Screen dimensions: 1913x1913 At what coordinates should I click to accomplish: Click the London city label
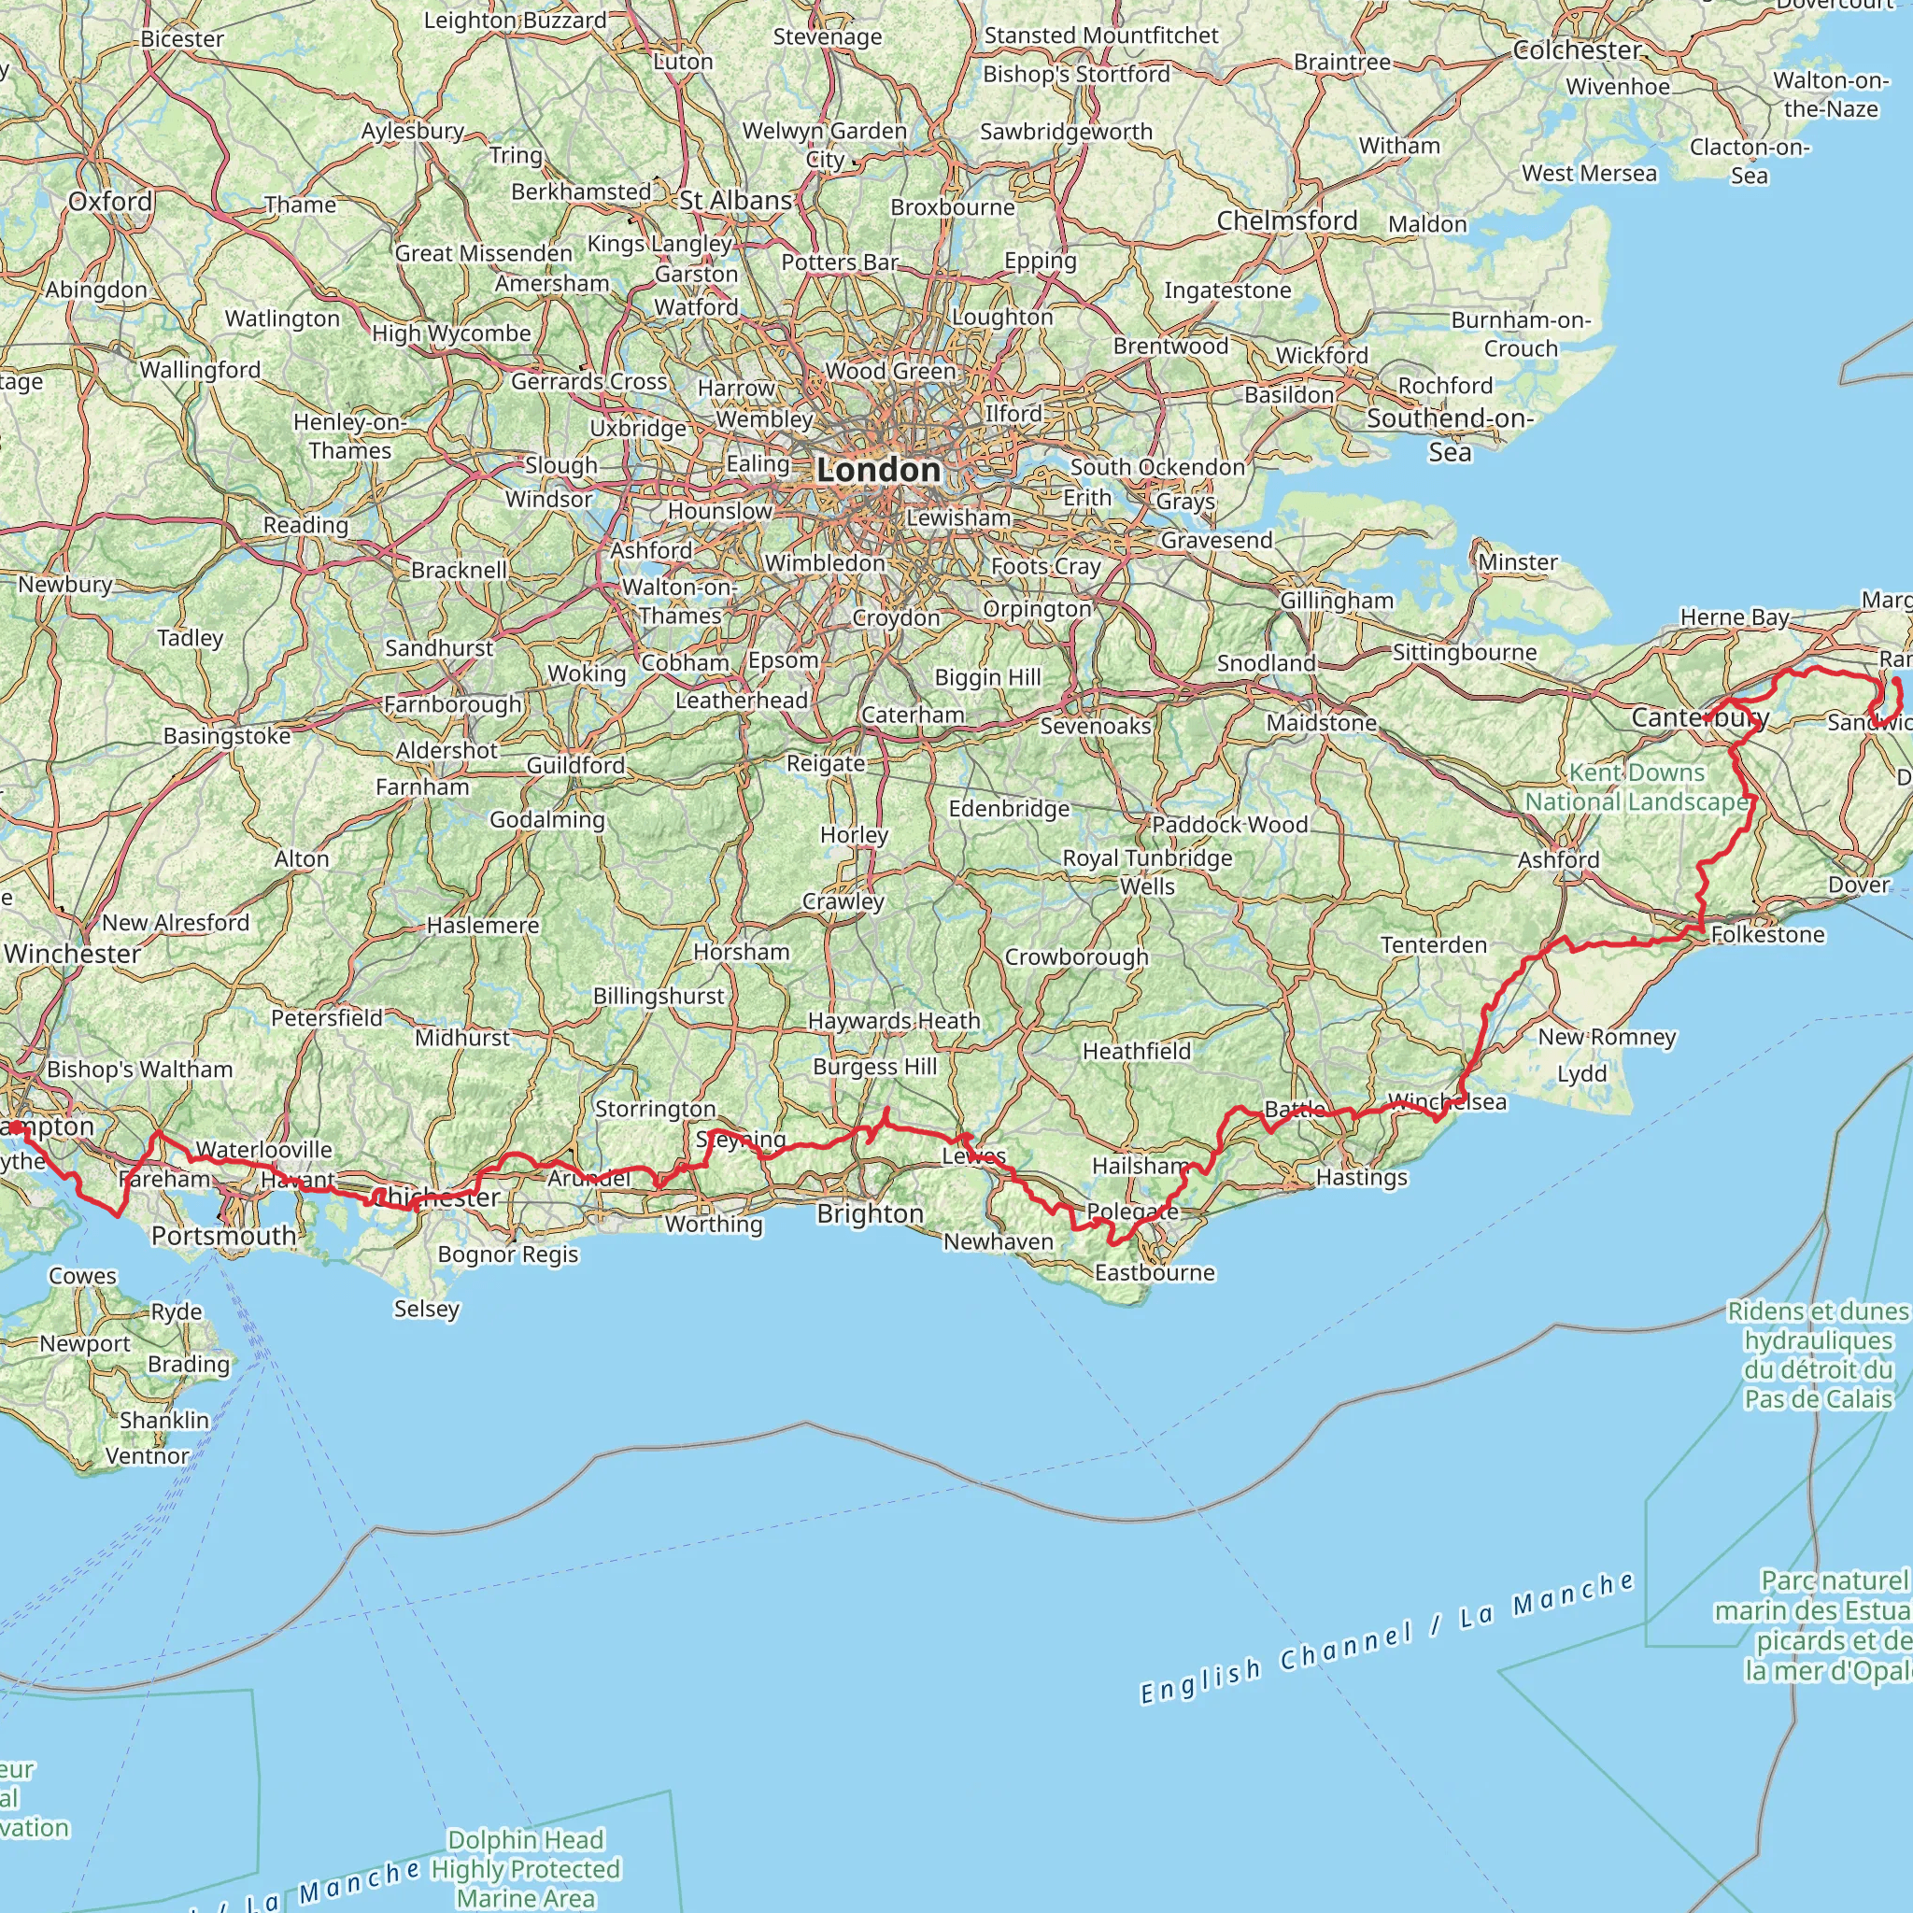[878, 471]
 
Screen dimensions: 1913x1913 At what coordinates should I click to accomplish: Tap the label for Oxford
[110, 202]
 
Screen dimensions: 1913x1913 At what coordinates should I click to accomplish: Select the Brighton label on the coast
[870, 1214]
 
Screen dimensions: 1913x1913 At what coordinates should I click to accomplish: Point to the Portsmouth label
[224, 1236]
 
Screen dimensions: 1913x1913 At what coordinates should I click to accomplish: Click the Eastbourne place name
[1155, 1272]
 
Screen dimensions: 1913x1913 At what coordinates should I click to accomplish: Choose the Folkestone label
[1767, 935]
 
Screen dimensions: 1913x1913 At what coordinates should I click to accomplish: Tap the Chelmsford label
[1287, 220]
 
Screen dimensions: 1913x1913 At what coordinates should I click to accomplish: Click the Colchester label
[1578, 50]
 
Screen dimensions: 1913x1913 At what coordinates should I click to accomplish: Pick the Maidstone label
[1322, 723]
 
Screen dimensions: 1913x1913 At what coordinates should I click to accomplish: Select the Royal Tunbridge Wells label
[1148, 871]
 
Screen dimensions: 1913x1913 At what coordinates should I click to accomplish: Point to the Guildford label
[575, 765]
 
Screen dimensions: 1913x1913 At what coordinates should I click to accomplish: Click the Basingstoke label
[227, 736]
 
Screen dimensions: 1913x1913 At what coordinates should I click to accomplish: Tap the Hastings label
[1362, 1177]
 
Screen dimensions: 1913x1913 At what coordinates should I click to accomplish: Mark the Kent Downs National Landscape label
[1637, 787]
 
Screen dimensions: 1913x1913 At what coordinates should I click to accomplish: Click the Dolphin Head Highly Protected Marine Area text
[525, 1868]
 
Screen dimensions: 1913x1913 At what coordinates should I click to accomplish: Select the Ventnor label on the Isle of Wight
[147, 1455]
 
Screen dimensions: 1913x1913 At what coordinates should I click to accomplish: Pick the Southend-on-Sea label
[1450, 434]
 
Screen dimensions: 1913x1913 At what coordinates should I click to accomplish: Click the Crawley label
[843, 901]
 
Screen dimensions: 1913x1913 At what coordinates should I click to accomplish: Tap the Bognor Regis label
[508, 1254]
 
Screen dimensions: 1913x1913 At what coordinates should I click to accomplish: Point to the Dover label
[1859, 885]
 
